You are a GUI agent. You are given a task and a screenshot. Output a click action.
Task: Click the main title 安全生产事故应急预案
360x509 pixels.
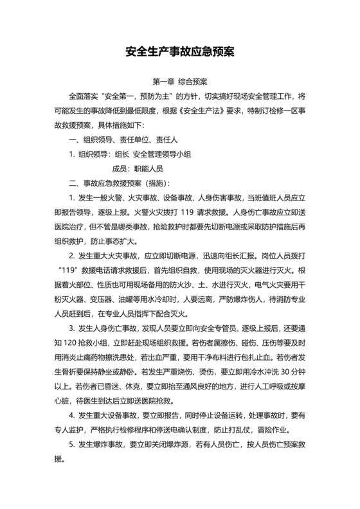coord(180,51)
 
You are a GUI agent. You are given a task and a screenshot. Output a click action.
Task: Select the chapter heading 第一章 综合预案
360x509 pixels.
coord(179,82)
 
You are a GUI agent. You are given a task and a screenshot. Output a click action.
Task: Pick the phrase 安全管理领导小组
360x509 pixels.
coord(163,154)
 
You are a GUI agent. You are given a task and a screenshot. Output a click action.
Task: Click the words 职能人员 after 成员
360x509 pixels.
coord(148,169)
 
